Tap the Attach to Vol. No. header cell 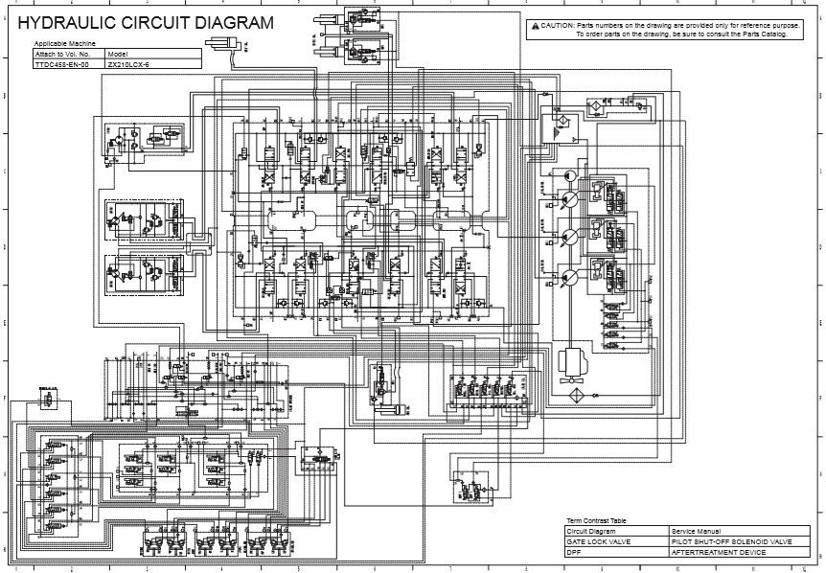click(62, 55)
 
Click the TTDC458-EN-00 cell click(61, 64)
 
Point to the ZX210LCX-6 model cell click(129, 64)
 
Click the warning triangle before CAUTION click(535, 26)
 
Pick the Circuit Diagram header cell click(590, 531)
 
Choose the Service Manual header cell click(697, 531)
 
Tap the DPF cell click(574, 552)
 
